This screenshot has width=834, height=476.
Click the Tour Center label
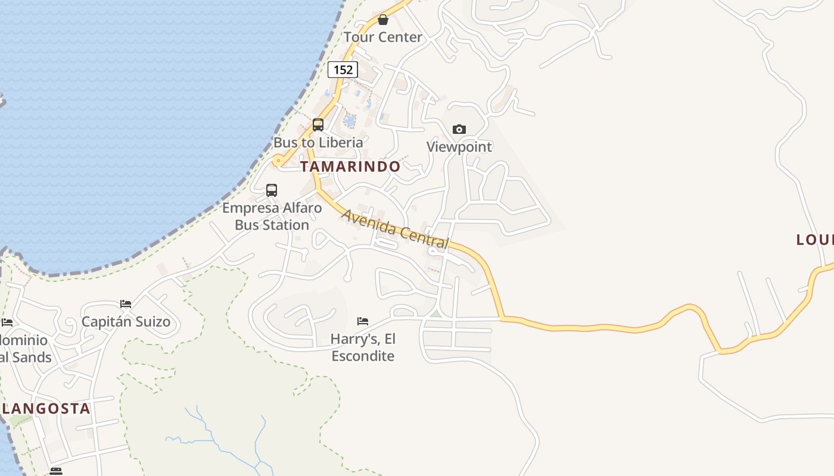tap(382, 37)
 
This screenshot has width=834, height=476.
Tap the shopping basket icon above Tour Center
tap(383, 20)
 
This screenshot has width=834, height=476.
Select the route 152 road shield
tap(343, 70)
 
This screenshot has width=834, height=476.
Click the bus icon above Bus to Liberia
tap(318, 125)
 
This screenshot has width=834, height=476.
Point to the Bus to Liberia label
tap(318, 143)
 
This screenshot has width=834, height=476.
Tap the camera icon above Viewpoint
tap(459, 129)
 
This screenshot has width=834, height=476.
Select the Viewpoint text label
tap(459, 147)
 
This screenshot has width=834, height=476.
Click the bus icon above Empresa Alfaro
tap(272, 190)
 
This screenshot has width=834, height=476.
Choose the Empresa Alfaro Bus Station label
tap(272, 217)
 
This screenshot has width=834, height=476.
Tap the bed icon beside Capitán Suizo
tap(126, 304)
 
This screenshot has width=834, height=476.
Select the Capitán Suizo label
tap(126, 322)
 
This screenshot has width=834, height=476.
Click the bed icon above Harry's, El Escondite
tap(363, 321)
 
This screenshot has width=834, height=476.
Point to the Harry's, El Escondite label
tap(363, 347)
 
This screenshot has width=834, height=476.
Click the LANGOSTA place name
tap(46, 409)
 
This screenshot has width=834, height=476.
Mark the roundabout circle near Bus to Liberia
tap(278, 161)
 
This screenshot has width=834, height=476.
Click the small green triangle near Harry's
tap(436, 313)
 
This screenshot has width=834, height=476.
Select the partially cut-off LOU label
tap(814, 240)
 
